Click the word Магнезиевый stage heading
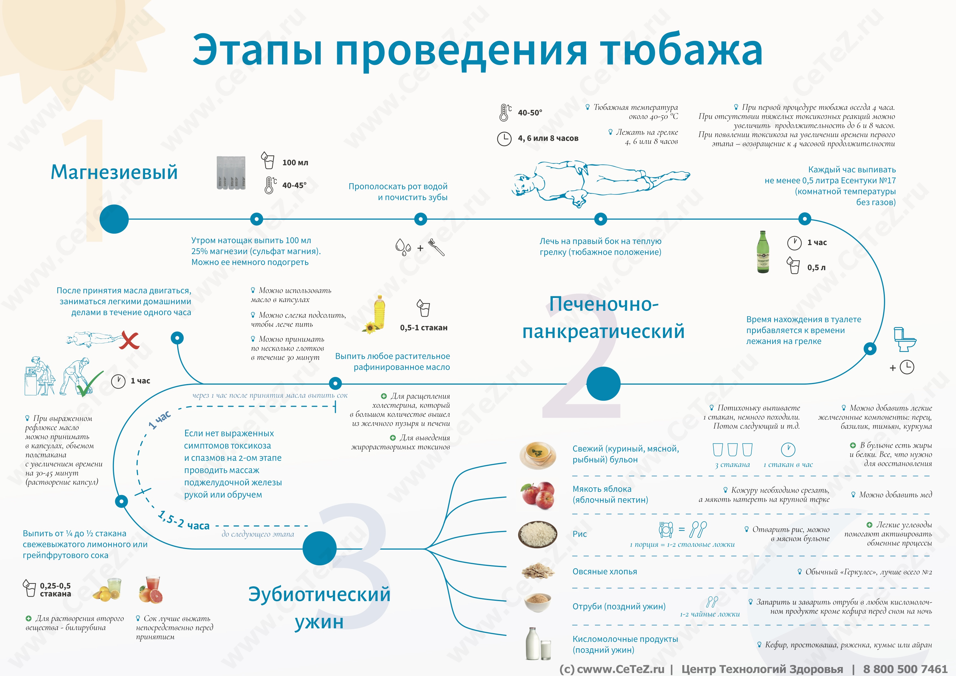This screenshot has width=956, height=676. [x=114, y=172]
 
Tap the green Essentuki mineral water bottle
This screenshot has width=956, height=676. [x=763, y=252]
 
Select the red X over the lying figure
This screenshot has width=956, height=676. [x=129, y=340]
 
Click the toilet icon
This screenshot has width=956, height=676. [x=904, y=340]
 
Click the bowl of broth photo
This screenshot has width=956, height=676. [x=538, y=455]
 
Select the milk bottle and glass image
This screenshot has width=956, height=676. [x=538, y=644]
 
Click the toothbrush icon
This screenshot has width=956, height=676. [x=437, y=247]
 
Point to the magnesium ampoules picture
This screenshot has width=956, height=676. [x=231, y=173]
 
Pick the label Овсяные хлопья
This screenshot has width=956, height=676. [x=605, y=572]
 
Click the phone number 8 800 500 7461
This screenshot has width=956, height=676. [x=905, y=669]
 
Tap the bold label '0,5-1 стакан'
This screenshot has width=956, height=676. [x=423, y=328]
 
